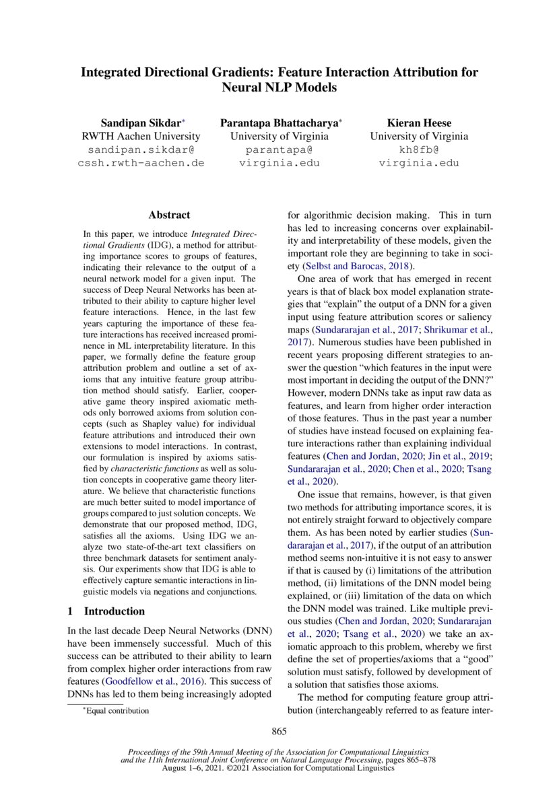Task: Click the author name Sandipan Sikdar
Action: coord(141,123)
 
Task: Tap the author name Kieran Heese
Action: coord(418,123)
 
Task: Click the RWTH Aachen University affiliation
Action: coord(141,136)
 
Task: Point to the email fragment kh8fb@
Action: coord(418,149)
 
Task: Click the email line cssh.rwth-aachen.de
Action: coord(141,163)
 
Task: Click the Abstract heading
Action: coord(169,215)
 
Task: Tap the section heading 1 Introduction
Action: coord(108,611)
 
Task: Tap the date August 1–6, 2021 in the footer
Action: coord(200,767)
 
